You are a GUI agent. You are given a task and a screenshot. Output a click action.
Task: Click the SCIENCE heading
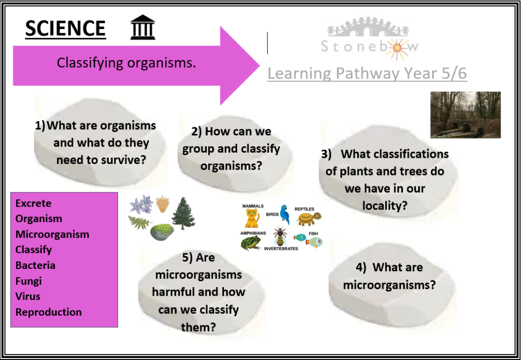[x=66, y=28]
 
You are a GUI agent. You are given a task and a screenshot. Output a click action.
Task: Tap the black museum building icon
[x=142, y=27]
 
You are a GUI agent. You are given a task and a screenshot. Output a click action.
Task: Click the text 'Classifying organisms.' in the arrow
[x=126, y=63]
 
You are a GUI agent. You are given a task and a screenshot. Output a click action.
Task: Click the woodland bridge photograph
[x=466, y=115]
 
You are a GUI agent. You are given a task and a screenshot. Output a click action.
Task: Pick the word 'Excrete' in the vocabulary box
[x=33, y=203]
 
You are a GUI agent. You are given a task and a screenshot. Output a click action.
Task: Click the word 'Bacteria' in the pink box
[x=35, y=265]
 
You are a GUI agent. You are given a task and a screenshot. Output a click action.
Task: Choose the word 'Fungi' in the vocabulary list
[x=28, y=281]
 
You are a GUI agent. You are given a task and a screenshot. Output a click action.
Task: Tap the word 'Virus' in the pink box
[x=28, y=296]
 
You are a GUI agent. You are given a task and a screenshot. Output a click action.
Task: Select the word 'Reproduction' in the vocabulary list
[x=48, y=312]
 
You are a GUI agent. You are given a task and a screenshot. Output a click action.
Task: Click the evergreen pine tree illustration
[x=183, y=213]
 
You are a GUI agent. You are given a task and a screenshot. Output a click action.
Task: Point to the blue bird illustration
[x=284, y=215]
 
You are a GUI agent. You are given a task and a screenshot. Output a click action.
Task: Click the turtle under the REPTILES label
[x=309, y=219]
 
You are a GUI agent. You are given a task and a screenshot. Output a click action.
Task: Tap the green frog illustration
[x=251, y=243]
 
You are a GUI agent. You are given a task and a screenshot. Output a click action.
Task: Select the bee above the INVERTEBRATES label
[x=280, y=237]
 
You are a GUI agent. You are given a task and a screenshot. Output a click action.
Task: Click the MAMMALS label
[x=253, y=206]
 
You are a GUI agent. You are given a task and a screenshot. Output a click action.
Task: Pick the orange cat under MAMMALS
[x=252, y=218]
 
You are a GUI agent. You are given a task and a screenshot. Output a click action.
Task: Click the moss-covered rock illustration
[x=162, y=232]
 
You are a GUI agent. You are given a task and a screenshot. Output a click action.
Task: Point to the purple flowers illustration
[x=141, y=204]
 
